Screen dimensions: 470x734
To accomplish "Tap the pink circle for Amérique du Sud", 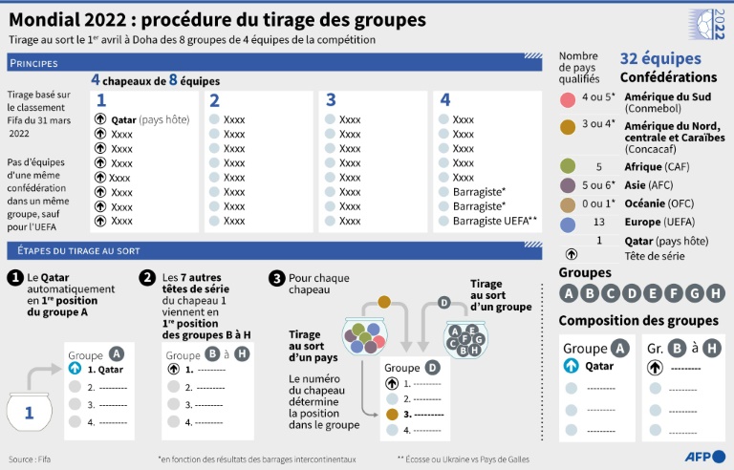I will (568, 98).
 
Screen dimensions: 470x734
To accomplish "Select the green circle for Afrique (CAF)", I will (568, 166).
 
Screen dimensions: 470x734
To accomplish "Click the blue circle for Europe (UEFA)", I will (568, 223).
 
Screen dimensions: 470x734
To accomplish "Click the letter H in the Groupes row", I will (718, 293).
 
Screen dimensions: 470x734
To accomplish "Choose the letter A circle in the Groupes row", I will (569, 293).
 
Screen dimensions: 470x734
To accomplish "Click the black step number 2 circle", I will (147, 278).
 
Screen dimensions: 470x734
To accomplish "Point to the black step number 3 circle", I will (276, 278).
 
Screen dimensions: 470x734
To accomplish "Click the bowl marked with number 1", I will (29, 412).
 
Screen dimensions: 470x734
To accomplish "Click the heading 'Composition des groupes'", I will (638, 320).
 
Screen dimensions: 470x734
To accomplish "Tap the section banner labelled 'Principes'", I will (33, 63).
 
